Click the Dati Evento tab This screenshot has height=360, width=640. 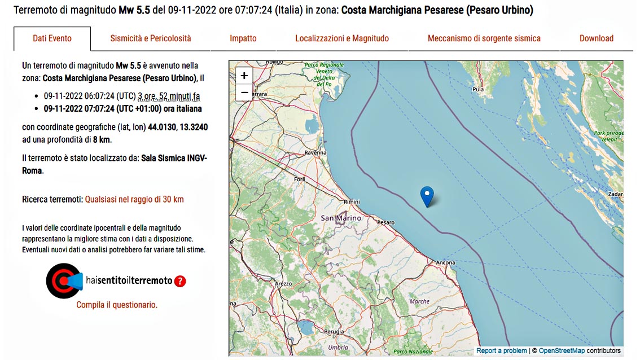pyautogui.click(x=52, y=38)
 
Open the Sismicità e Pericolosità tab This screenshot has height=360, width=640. pyautogui.click(x=151, y=38)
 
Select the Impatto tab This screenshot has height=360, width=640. pyautogui.click(x=243, y=38)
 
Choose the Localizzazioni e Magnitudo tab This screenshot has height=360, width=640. pyautogui.click(x=342, y=38)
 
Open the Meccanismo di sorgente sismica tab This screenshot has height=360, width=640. pyautogui.click(x=484, y=38)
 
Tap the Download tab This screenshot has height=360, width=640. pyautogui.click(x=596, y=38)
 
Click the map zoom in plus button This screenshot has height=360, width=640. pyautogui.click(x=244, y=76)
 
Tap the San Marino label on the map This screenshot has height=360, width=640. pyautogui.click(x=341, y=218)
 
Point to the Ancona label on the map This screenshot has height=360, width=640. pyautogui.click(x=446, y=262)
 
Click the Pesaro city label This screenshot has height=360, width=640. pyautogui.click(x=386, y=223)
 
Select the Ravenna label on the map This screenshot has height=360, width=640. pyautogui.click(x=315, y=152)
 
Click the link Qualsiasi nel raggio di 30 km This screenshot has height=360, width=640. pyautogui.click(x=134, y=199)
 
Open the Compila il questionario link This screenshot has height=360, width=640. pyautogui.click(x=117, y=305)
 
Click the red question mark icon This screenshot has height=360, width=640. pyautogui.click(x=180, y=281)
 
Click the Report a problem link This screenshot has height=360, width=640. pyautogui.click(x=501, y=350)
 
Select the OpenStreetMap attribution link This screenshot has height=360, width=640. pyautogui.click(x=562, y=350)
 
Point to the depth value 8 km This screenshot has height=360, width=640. pyautogui.click(x=101, y=139)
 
